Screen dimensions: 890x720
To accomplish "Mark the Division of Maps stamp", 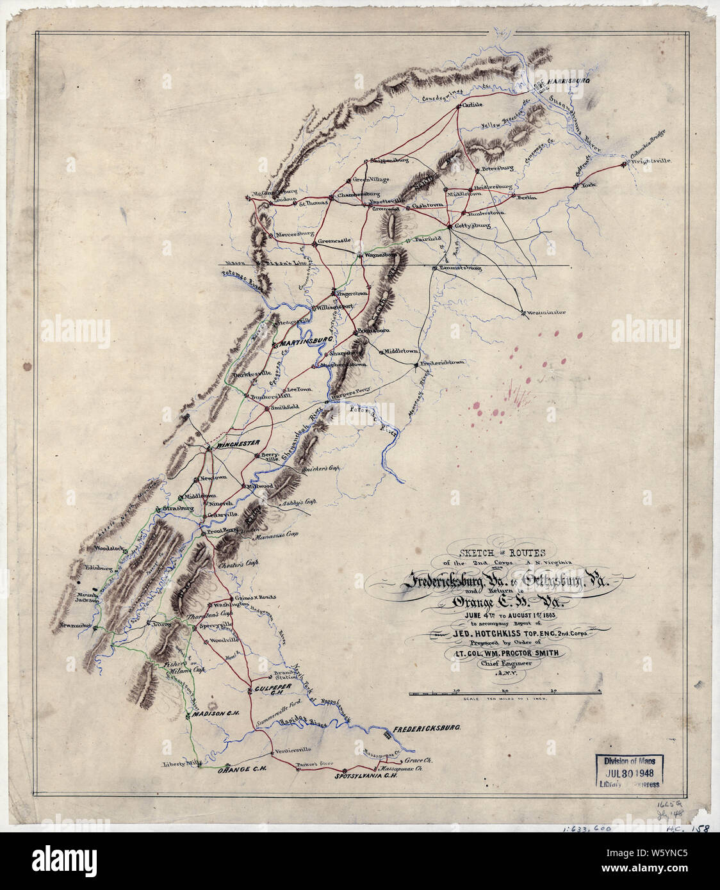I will [x=630, y=771].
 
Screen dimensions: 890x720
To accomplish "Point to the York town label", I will [x=588, y=185].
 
